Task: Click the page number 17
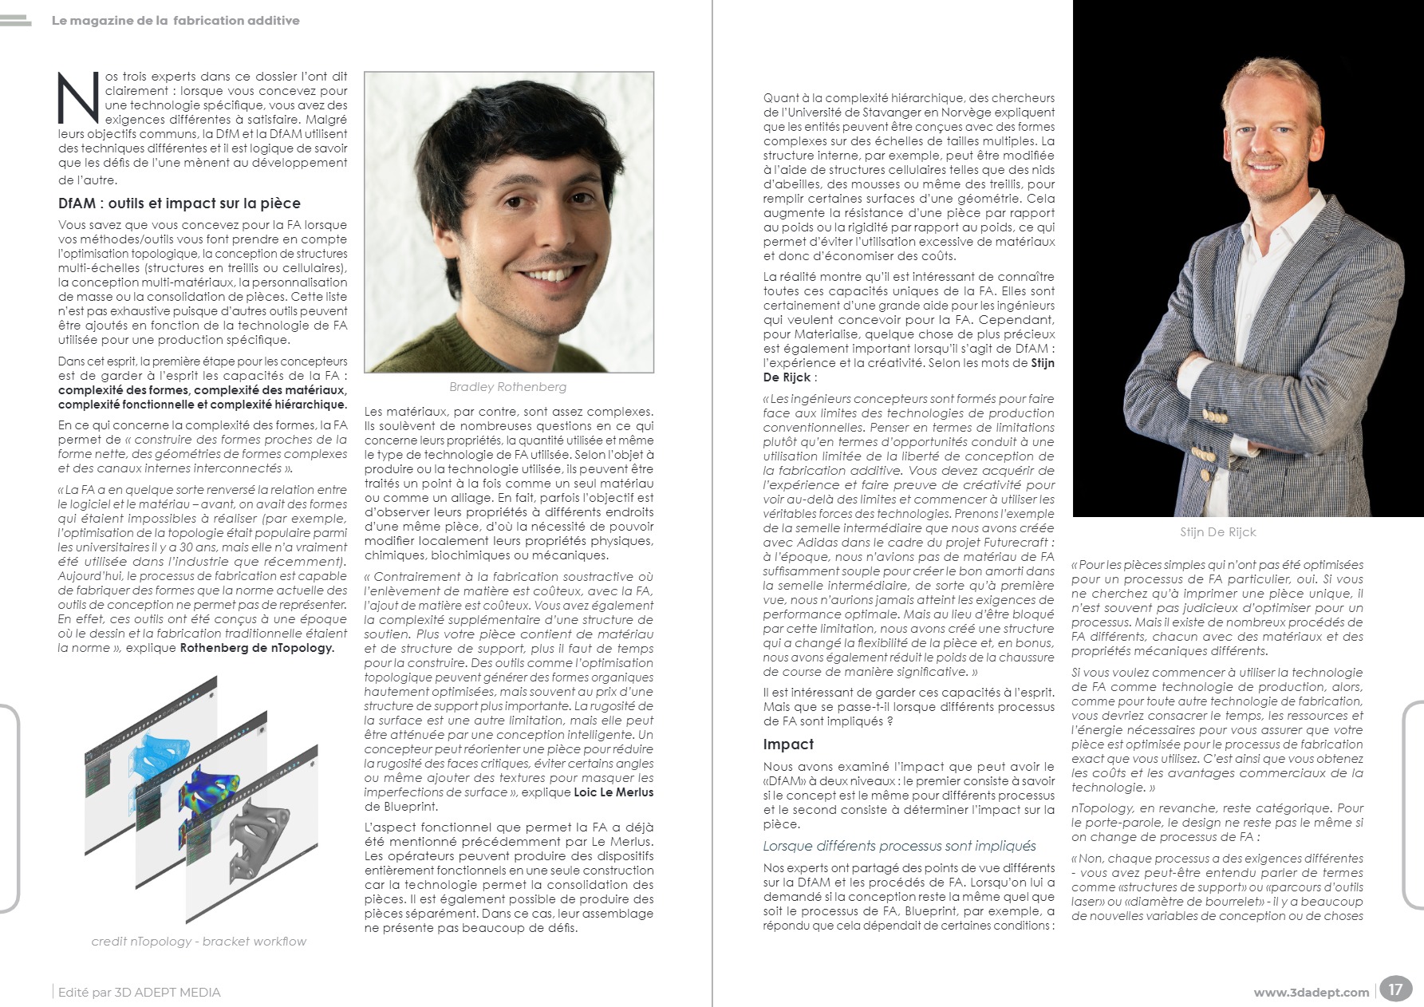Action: tap(1394, 989)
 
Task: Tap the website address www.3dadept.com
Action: tap(1311, 993)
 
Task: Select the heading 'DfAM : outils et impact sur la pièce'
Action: tap(179, 203)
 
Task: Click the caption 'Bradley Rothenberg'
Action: tap(507, 387)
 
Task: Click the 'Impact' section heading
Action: tap(788, 744)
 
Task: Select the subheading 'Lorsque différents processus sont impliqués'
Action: tap(899, 846)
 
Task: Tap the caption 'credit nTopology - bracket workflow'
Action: tap(199, 942)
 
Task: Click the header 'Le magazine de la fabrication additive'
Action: tap(176, 21)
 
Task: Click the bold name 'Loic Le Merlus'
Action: tap(613, 792)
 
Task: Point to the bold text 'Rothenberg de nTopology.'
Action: tap(257, 648)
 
